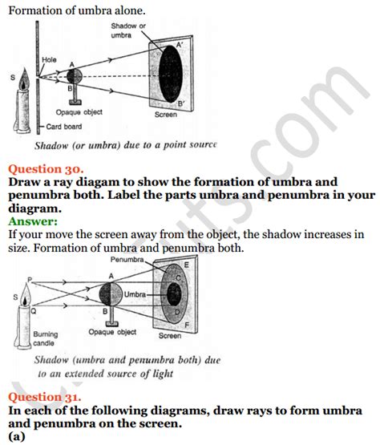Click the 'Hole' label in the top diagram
[x=49, y=59]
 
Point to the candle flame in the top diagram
[x=22, y=79]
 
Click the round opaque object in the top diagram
[x=75, y=77]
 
